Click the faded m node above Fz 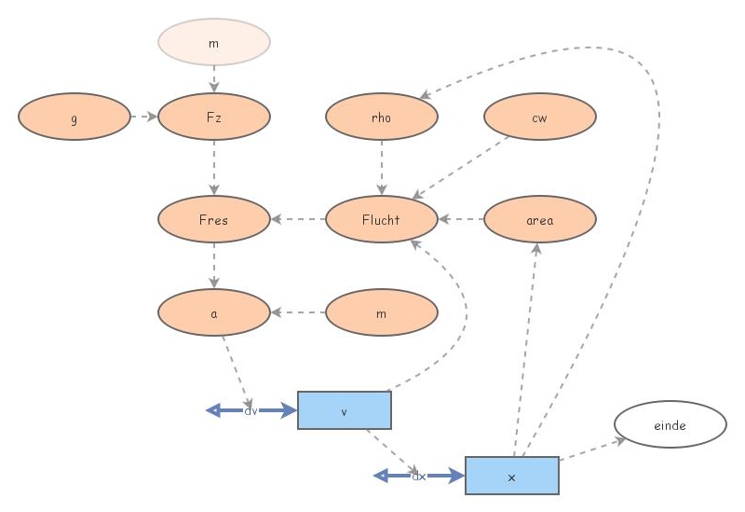(214, 42)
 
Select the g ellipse (74, 117)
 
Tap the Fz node (214, 117)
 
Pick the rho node (382, 117)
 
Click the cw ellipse (540, 117)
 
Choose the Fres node (214, 219)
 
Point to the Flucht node (382, 219)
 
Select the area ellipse (540, 219)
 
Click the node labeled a (214, 312)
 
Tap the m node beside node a (382, 312)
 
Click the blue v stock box (345, 410)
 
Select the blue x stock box (511, 476)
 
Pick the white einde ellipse (670, 424)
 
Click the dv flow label (251, 410)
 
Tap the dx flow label (418, 476)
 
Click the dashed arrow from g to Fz (144, 117)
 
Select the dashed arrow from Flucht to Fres (298, 219)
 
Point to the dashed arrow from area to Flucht (461, 219)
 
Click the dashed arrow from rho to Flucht (382, 168)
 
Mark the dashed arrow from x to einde (592, 450)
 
